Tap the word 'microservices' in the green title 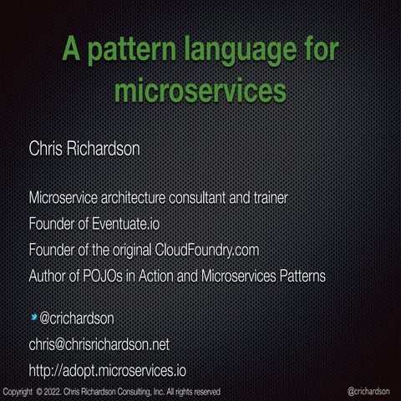tap(200, 89)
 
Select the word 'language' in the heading tap(243, 50)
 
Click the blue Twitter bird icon tap(34, 317)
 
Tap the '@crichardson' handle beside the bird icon tap(77, 318)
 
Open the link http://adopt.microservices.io tap(108, 369)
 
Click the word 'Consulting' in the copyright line tap(140, 392)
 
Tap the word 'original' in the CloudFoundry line tap(129, 250)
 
